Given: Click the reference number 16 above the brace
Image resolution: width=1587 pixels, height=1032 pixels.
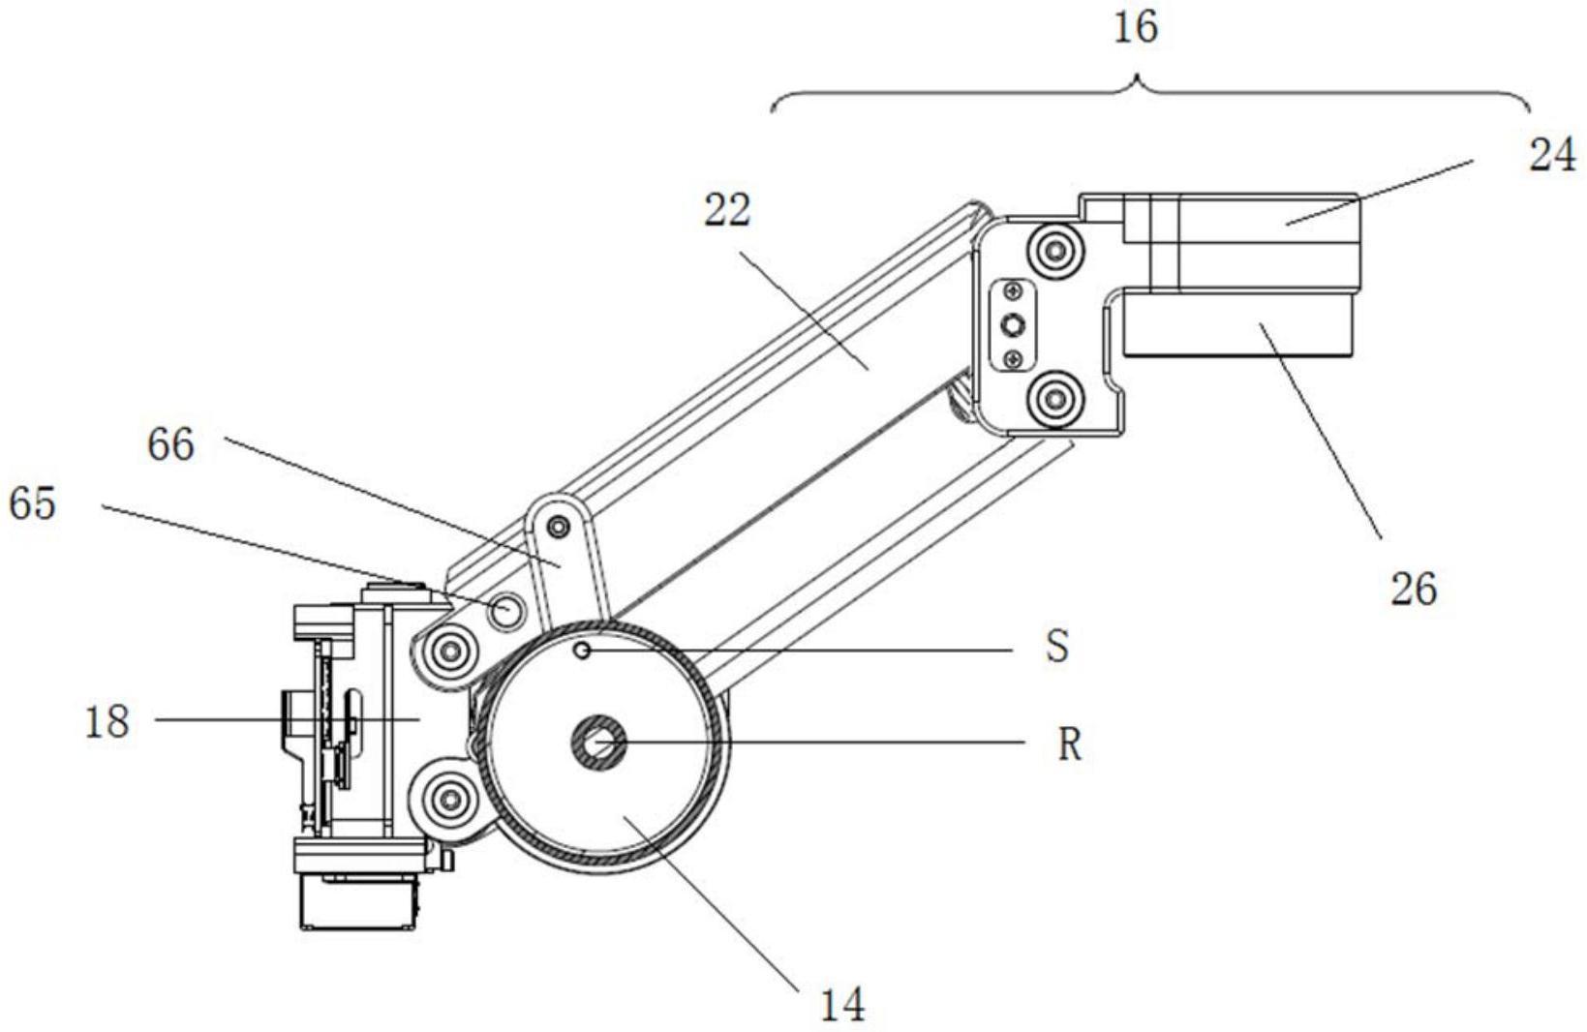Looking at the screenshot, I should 1135,27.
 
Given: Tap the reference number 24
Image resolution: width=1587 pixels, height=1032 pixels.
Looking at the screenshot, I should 1551,155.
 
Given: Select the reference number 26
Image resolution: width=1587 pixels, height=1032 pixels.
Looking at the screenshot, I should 1413,588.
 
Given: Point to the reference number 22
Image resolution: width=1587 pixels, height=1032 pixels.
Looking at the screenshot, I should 727,210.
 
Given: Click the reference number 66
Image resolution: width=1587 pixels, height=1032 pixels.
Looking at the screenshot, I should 170,444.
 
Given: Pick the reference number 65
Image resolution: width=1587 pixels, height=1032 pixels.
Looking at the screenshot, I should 32,503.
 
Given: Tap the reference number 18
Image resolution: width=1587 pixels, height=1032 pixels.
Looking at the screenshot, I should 107,721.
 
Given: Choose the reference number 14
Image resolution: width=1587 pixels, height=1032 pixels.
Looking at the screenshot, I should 841,1005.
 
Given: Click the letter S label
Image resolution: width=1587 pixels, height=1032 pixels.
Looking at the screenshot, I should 1057,647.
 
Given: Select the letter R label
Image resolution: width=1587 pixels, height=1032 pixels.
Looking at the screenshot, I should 1068,744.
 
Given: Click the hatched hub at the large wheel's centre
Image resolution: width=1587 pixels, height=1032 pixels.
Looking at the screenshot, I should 597,744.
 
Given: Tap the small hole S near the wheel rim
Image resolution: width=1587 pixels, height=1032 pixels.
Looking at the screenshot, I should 582,651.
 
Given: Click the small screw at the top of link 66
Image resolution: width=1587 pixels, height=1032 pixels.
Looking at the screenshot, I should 557,527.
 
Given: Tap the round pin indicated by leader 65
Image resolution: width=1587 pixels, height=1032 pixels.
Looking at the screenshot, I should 507,610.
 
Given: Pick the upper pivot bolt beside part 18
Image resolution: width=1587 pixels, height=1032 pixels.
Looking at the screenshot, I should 447,652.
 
